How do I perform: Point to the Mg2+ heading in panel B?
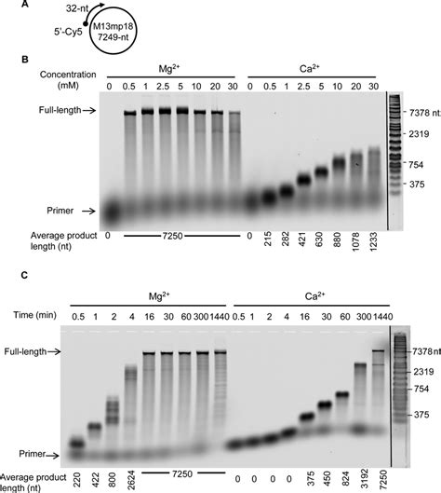170,70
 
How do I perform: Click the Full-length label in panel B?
47,109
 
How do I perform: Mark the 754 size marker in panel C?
416,388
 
